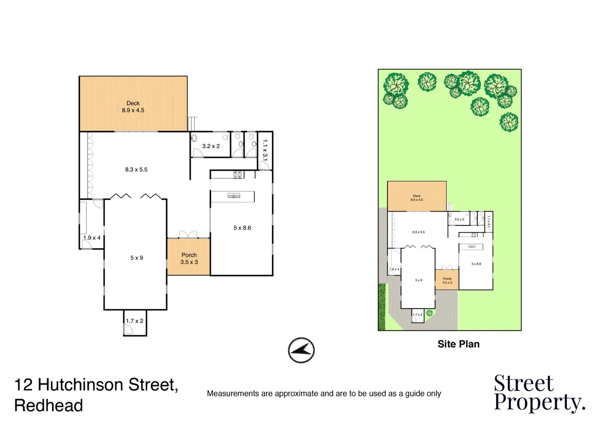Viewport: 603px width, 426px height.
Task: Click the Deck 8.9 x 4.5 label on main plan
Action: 133,107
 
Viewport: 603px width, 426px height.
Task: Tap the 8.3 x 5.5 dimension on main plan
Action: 136,170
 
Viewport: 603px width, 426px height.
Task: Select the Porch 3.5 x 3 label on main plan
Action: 189,258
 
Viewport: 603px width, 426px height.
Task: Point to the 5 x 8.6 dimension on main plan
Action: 242,228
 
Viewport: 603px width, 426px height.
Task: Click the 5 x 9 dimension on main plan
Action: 137,258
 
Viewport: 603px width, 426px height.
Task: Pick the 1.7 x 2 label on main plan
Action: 135,321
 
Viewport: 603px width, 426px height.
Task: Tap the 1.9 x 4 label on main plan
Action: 92,238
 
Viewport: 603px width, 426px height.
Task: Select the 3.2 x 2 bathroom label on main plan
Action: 211,146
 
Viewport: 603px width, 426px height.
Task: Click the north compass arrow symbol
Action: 301,350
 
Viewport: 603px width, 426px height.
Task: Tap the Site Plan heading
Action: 458,344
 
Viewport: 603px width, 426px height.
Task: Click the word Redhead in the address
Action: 49,405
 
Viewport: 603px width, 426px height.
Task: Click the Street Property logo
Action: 539,393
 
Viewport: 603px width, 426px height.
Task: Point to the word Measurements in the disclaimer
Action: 233,393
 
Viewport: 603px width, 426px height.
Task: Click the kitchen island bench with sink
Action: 233,196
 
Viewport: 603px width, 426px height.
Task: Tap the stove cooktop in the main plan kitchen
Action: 238,174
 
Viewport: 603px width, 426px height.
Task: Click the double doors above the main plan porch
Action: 188,234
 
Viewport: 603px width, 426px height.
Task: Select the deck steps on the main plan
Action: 192,123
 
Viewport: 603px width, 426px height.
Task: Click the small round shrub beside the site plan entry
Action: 429,313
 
